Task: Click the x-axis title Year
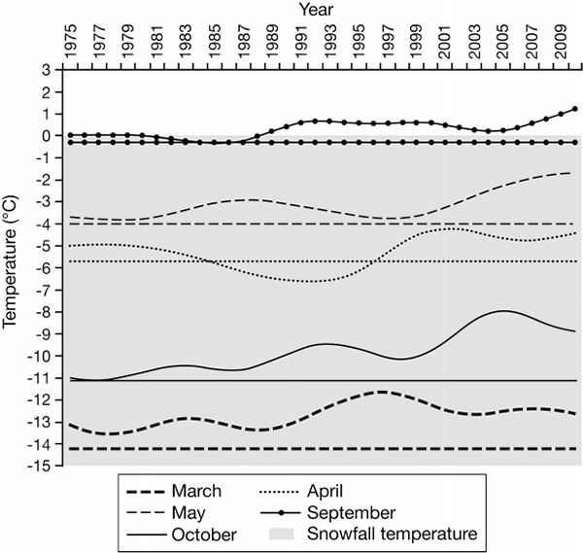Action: (317, 9)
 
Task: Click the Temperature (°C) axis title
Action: (10, 261)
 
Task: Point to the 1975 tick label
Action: (71, 41)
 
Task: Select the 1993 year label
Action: (330, 41)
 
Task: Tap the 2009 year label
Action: (561, 41)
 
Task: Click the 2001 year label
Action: (445, 41)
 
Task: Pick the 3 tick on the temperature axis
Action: (46, 70)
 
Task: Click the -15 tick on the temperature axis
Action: (39, 466)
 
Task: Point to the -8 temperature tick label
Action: (43, 312)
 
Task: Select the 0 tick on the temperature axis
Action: (46, 136)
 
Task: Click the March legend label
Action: (196, 491)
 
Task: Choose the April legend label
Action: (325, 491)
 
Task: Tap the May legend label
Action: (189, 513)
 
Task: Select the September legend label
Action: (351, 513)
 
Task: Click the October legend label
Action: (204, 536)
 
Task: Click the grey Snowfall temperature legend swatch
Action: (282, 534)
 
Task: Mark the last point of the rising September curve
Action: (575, 109)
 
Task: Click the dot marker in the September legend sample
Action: (281, 513)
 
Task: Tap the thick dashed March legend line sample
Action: (146, 493)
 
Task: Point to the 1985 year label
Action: (215, 41)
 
